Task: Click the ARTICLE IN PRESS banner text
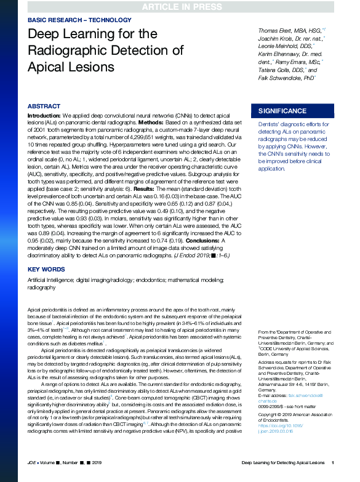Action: (180, 7)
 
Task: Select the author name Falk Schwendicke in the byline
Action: (281, 78)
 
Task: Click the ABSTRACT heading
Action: (44, 106)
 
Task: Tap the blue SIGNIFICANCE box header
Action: (282, 111)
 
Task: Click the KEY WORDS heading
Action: (47, 270)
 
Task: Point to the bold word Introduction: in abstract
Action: (44, 116)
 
